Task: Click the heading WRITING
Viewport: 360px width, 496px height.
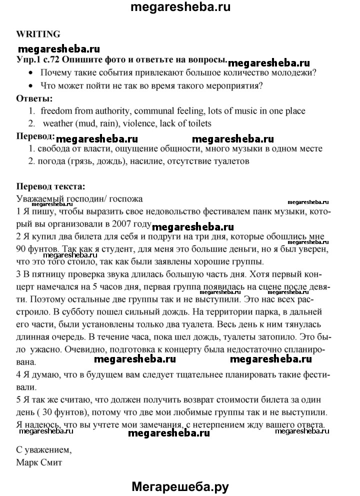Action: click(38, 34)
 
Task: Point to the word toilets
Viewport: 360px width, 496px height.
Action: click(199, 123)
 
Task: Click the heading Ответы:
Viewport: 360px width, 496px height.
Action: click(34, 98)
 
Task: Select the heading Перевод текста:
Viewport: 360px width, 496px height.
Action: click(50, 186)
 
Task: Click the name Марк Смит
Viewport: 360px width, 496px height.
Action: click(39, 462)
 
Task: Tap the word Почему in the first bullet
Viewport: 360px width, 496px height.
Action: click(56, 72)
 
